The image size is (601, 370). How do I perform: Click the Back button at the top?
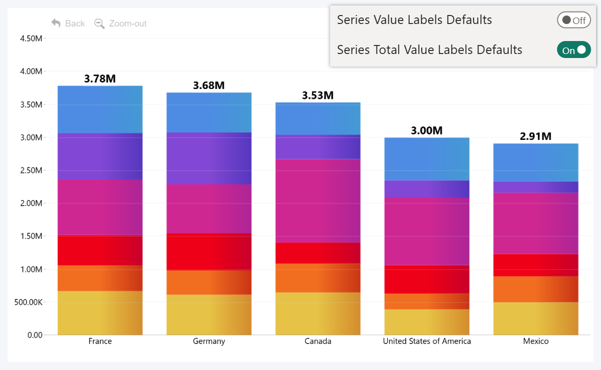tap(68, 23)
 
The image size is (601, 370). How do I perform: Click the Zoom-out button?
tap(121, 23)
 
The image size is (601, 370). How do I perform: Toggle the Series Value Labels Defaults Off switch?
tap(574, 20)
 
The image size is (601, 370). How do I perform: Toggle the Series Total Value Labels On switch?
tap(574, 50)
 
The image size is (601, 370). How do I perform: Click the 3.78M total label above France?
tap(100, 78)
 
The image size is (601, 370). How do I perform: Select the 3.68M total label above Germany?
tap(209, 85)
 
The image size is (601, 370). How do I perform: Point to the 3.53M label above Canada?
tap(318, 95)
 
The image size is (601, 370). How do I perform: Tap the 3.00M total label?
tap(427, 130)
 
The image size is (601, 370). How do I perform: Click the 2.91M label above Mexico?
tap(535, 136)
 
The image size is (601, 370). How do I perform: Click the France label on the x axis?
tap(100, 341)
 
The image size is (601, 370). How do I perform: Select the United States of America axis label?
tap(427, 341)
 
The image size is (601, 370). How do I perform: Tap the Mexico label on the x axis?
tap(535, 341)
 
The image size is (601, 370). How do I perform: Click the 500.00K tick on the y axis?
tap(28, 302)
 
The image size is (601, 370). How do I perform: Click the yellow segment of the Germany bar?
tap(209, 314)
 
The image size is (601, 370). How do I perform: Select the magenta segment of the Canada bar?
tap(318, 200)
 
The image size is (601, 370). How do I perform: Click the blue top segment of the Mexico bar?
tap(535, 162)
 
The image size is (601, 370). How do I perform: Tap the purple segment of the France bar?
tap(100, 156)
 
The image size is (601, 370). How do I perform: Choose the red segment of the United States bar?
tap(427, 279)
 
